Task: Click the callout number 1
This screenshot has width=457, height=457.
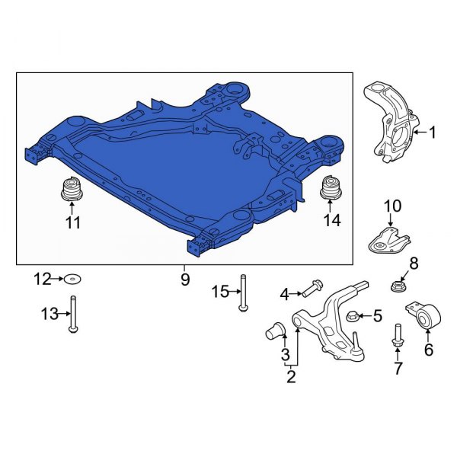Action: (433, 133)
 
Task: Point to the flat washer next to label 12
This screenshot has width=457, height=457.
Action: (73, 279)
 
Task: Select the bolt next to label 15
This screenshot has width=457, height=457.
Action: (242, 292)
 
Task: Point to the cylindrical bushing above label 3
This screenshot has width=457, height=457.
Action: (277, 331)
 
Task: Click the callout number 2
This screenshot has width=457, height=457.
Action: (291, 375)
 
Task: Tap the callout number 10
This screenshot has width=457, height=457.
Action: (391, 206)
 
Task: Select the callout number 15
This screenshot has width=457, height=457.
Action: (219, 292)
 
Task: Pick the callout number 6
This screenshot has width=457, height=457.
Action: (428, 350)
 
